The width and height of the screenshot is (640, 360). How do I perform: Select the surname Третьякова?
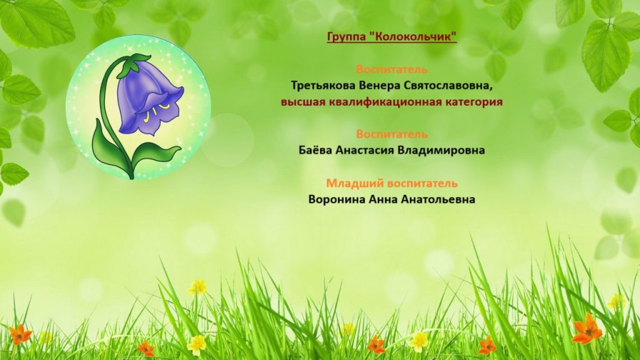[x=323, y=86]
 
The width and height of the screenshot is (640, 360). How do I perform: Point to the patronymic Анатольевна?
[x=438, y=199]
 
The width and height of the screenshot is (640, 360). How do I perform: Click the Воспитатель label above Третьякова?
[x=392, y=69]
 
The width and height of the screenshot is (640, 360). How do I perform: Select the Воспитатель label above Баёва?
[x=392, y=134]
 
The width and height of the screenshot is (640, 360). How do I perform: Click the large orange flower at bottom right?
[x=587, y=329]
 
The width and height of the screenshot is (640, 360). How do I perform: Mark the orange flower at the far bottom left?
[x=20, y=335]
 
